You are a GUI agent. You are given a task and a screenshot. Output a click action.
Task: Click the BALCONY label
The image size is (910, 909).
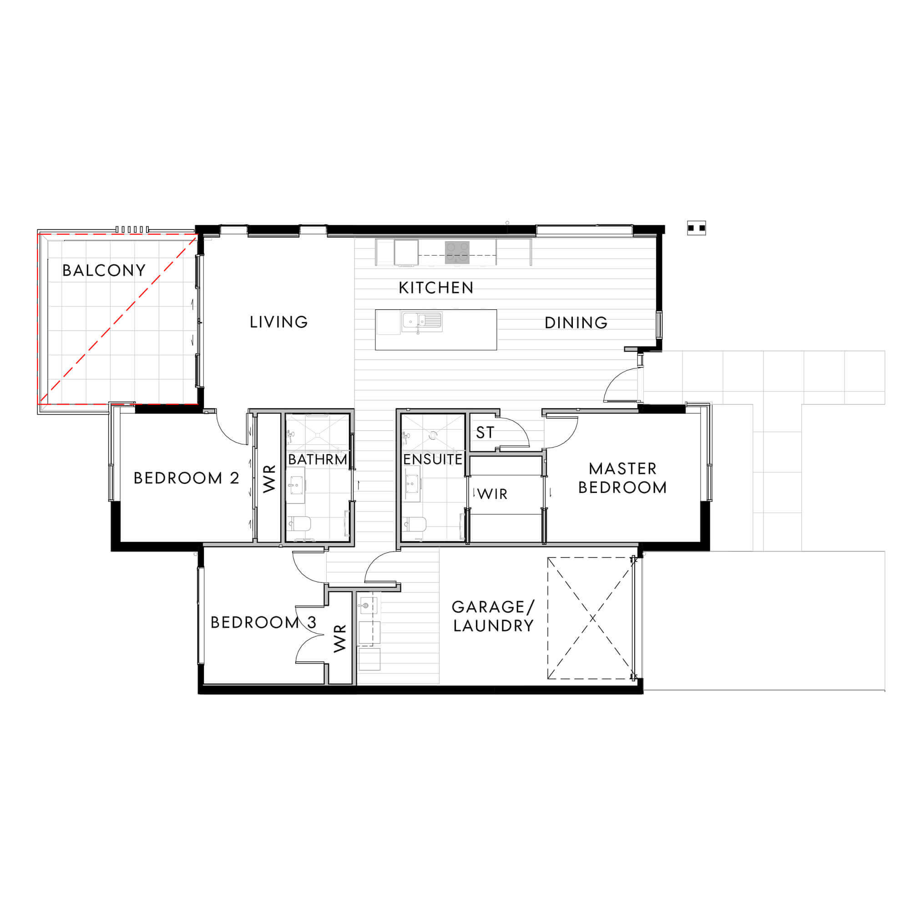(104, 270)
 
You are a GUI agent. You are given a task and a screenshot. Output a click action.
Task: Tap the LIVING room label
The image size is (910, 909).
(279, 322)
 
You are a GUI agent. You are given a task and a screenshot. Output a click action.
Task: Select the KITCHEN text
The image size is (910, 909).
(436, 288)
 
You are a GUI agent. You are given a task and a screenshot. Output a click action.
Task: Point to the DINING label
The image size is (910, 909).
(576, 322)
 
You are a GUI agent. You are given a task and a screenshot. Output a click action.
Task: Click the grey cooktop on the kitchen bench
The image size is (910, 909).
(457, 252)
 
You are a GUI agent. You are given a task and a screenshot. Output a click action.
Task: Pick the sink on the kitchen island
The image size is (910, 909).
(422, 322)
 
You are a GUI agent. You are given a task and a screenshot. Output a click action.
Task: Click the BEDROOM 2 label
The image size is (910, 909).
(187, 478)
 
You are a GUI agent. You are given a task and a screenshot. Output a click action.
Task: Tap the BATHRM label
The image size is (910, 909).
(318, 459)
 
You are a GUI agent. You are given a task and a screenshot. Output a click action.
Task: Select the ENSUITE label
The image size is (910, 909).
(433, 459)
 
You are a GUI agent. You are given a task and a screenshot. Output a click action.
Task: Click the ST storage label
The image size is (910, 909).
(485, 432)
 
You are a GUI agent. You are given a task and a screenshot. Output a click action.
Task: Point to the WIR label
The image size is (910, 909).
(493, 494)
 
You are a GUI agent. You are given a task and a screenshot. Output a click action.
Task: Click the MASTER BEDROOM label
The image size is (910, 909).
(622, 478)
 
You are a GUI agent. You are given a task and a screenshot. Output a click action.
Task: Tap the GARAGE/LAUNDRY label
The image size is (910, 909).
(493, 616)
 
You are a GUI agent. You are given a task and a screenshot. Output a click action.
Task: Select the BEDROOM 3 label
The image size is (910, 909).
(263, 623)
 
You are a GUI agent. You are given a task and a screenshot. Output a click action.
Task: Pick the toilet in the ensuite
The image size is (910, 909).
(415, 524)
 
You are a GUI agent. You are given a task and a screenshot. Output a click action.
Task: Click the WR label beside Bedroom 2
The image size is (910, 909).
(269, 479)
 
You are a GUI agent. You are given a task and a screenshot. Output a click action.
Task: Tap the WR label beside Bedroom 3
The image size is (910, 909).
(339, 638)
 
